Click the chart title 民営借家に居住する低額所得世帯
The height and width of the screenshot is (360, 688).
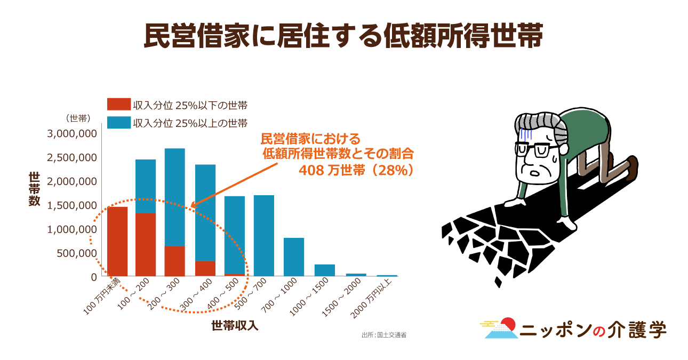coord(343,36)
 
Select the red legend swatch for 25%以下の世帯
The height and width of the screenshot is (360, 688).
coord(118,105)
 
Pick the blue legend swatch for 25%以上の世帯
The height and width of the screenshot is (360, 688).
coord(118,123)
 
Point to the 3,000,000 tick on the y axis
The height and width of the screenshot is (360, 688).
coord(72,133)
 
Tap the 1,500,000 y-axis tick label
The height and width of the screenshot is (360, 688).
coord(72,205)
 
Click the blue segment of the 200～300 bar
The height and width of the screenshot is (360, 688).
coord(174,197)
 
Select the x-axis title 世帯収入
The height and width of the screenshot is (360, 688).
coord(235,325)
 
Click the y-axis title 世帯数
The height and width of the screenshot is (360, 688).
coord(34,189)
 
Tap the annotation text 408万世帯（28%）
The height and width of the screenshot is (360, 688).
coord(356,169)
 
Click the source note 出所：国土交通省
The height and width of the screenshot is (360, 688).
coord(384,335)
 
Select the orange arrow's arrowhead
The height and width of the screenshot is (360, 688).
coord(193,205)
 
